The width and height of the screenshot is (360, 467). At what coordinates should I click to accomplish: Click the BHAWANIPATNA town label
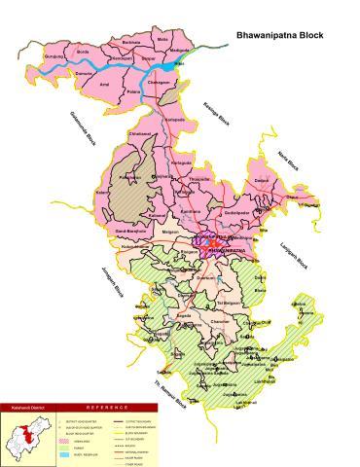click(202, 249)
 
